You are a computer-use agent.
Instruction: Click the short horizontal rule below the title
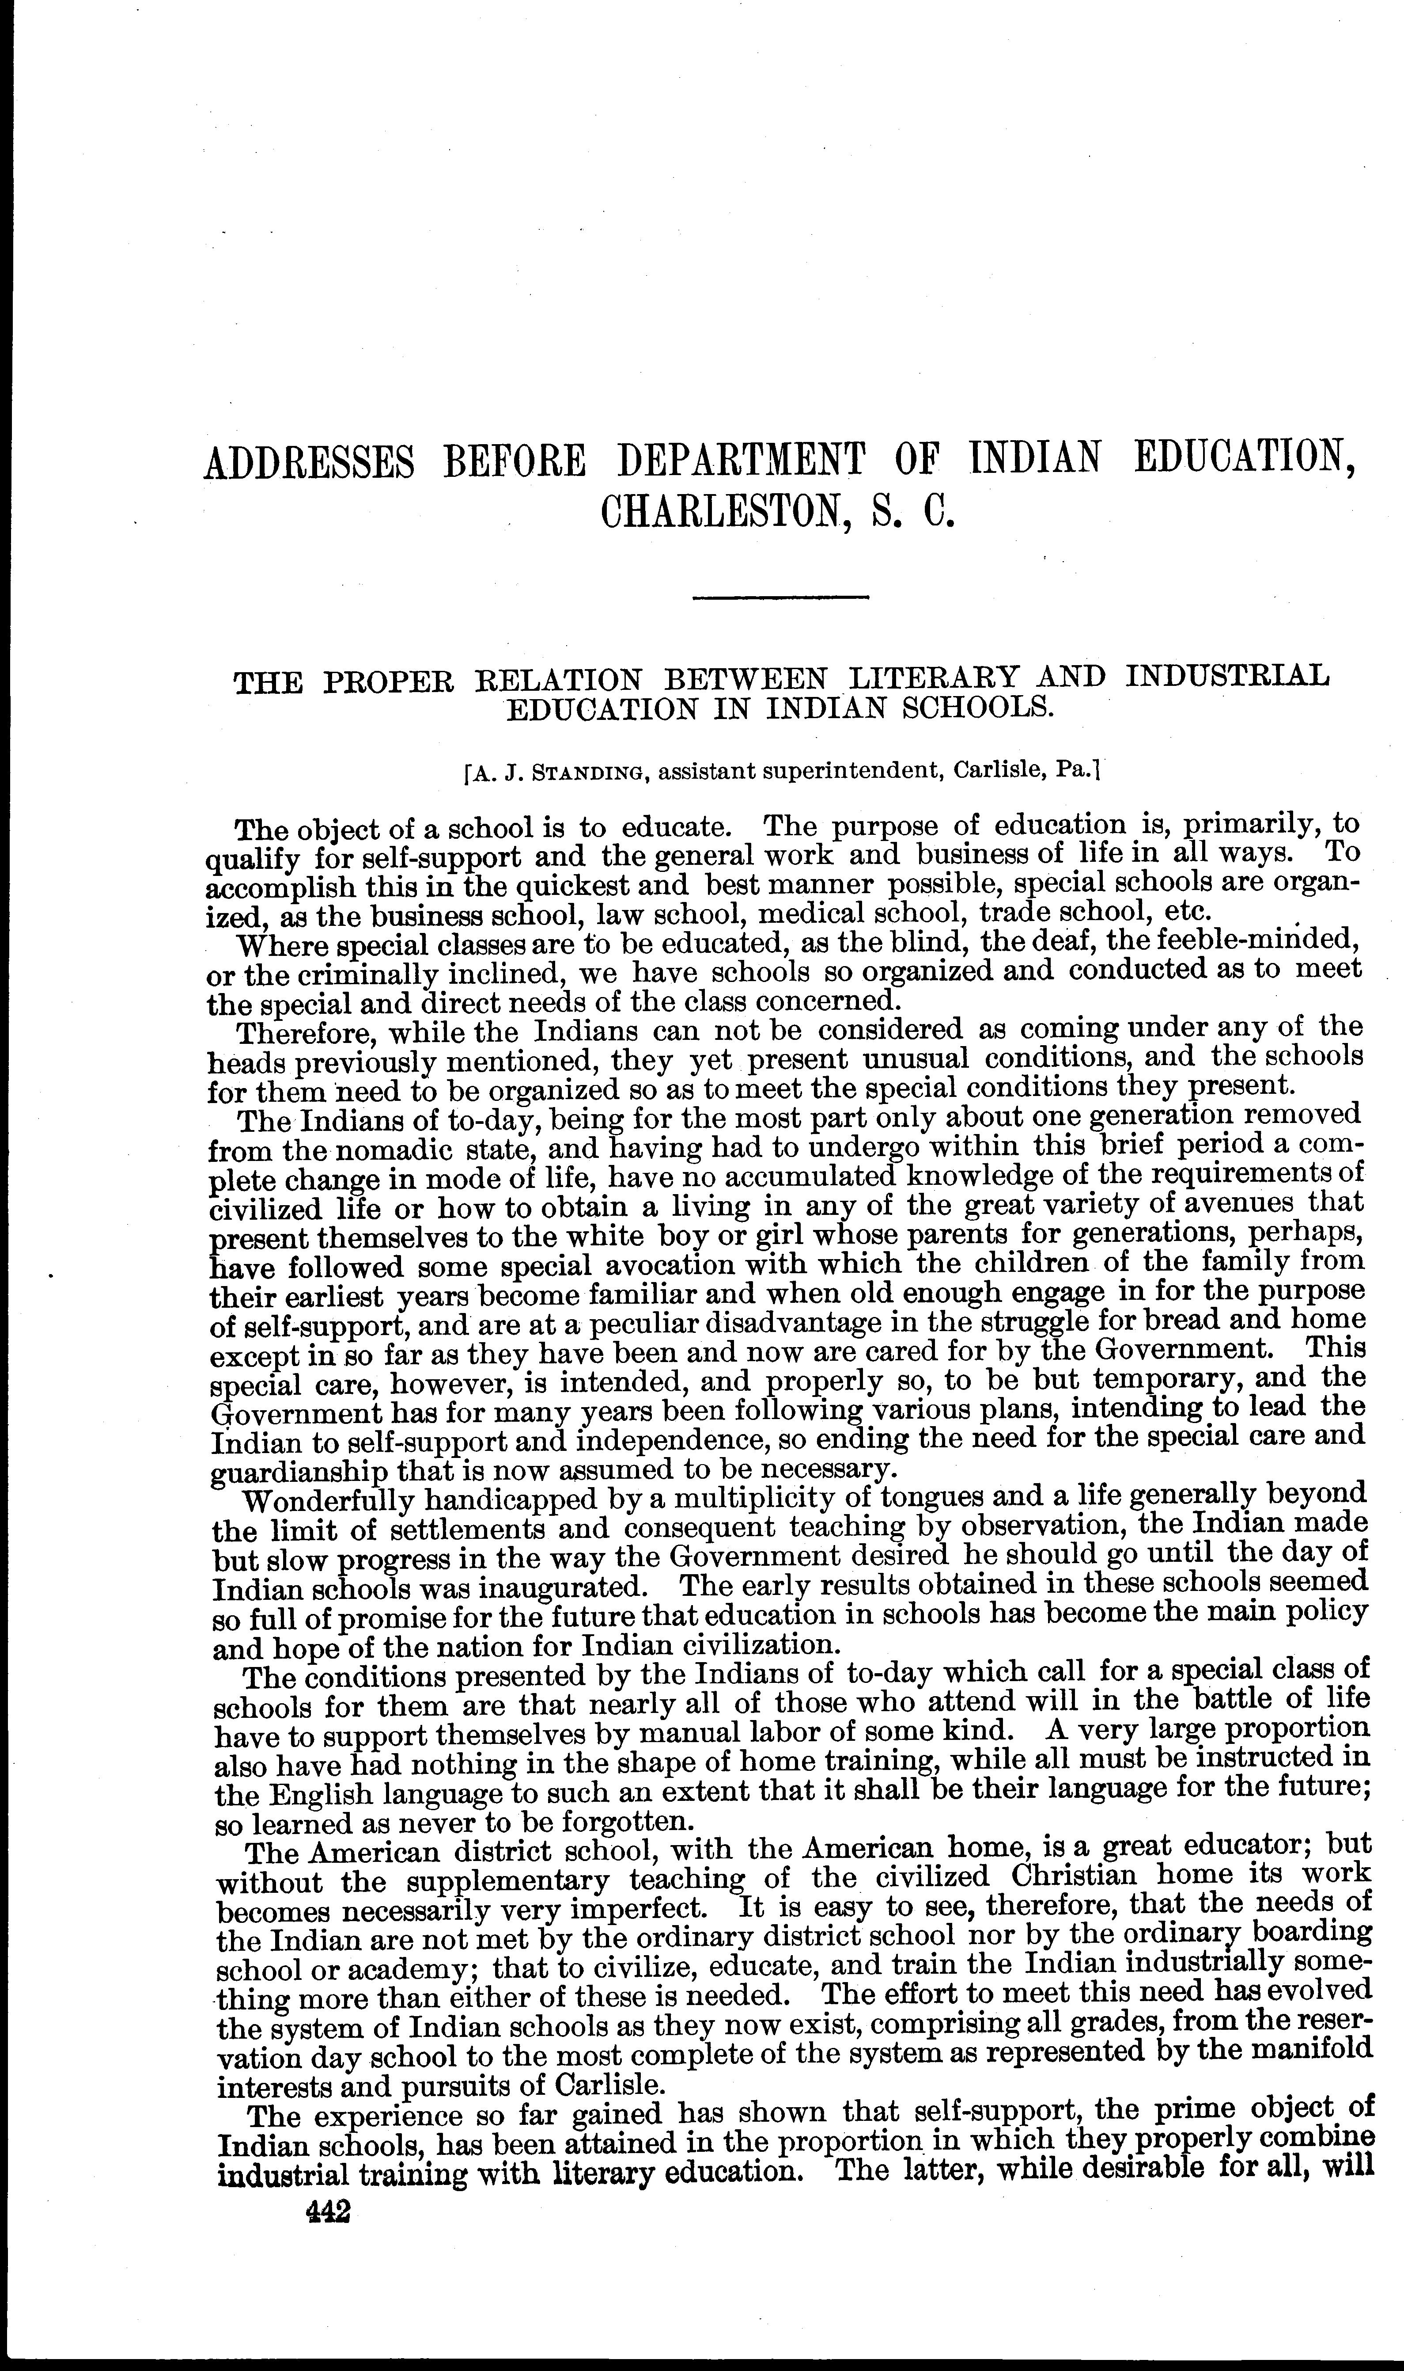click(x=780, y=596)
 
